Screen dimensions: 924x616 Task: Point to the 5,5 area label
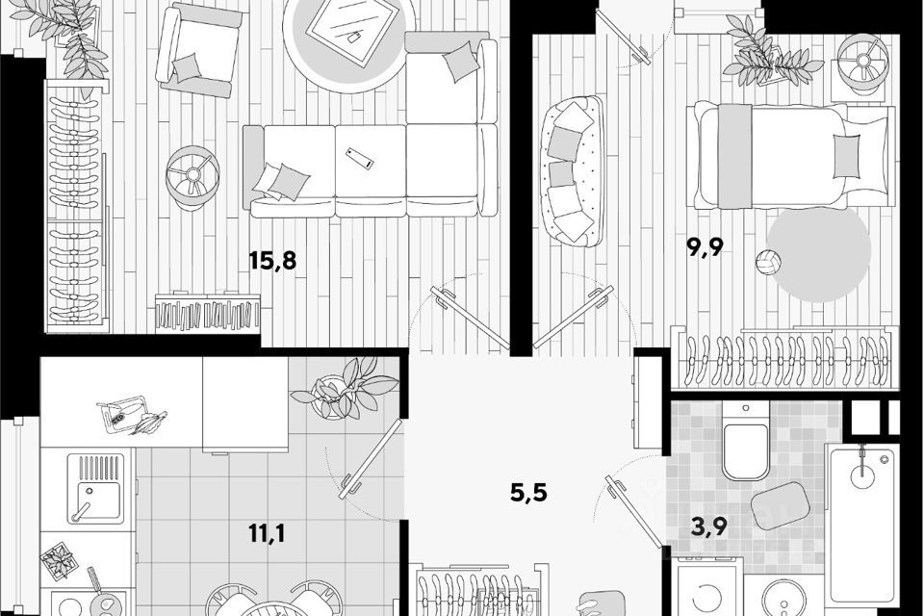(x=527, y=494)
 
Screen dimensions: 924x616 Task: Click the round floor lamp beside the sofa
(x=192, y=176)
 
